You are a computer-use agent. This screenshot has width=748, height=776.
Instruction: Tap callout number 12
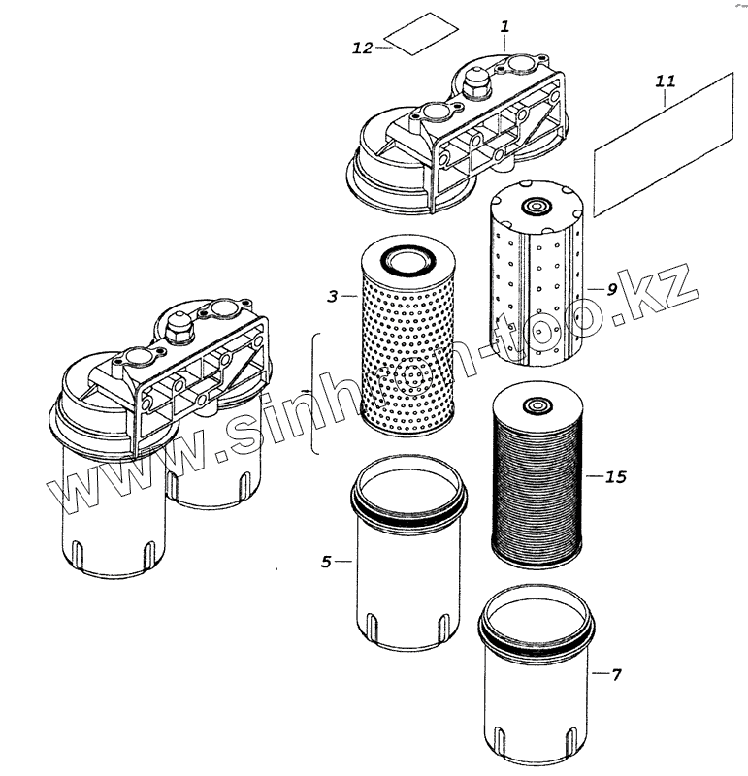pyautogui.click(x=363, y=48)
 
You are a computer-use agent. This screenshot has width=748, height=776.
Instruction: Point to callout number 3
pyautogui.click(x=333, y=297)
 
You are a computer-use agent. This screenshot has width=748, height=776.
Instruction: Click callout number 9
pyautogui.click(x=612, y=289)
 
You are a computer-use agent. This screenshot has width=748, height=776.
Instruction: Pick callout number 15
pyautogui.click(x=615, y=476)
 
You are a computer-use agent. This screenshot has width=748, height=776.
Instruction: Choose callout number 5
pyautogui.click(x=327, y=561)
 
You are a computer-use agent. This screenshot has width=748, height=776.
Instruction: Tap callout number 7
pyautogui.click(x=615, y=673)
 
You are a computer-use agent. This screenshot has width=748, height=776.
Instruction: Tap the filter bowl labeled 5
pyautogui.click(x=407, y=572)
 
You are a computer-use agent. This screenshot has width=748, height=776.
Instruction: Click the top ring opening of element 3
pyautogui.click(x=407, y=260)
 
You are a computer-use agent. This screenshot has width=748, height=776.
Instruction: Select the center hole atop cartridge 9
pyautogui.click(x=534, y=207)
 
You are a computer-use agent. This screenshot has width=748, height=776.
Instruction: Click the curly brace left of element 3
pyautogui.click(x=312, y=392)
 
